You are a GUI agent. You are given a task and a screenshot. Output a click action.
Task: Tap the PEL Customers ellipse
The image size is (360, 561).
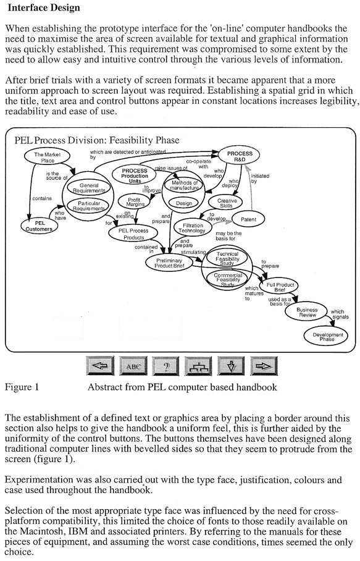coord(40,226)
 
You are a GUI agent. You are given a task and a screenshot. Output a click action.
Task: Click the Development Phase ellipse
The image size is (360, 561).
coord(327,336)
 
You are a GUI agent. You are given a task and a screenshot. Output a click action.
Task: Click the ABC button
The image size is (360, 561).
coord(133,366)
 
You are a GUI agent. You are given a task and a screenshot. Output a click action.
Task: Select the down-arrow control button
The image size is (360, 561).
coord(232,366)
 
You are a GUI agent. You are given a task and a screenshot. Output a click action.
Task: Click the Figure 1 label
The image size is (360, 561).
coord(22,388)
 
